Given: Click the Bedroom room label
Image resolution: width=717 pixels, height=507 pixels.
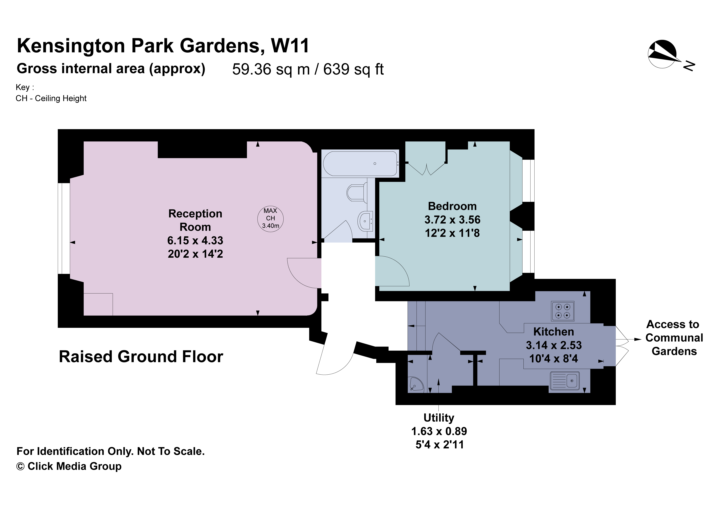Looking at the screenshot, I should click(x=452, y=206).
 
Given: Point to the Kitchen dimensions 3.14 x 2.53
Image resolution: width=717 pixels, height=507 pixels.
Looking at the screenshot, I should click(x=554, y=345).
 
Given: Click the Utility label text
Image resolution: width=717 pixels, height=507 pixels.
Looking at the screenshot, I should click(x=439, y=418).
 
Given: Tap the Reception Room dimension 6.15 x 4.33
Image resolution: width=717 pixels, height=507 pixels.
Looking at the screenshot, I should click(x=195, y=240).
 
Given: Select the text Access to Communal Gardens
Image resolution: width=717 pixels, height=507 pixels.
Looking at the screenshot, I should click(x=674, y=338).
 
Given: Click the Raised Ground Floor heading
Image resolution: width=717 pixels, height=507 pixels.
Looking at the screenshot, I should click(x=141, y=357).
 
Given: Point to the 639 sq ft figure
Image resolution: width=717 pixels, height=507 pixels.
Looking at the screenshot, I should click(x=353, y=69).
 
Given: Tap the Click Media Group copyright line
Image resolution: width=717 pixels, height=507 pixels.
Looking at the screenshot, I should click(x=69, y=466).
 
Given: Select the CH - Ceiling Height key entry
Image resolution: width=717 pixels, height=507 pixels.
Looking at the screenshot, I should click(x=51, y=98).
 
